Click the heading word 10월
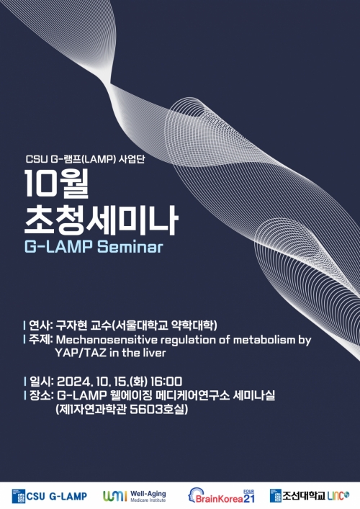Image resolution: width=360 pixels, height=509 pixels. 57,186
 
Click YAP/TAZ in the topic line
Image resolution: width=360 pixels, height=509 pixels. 80,353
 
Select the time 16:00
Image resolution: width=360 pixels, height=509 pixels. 167,382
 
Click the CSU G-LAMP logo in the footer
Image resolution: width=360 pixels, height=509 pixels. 50,495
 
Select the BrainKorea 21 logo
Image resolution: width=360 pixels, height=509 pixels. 222,495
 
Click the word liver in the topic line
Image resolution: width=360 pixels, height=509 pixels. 153,353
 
